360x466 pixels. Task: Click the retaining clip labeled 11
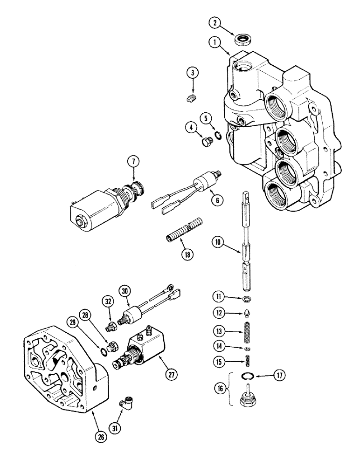click(x=245, y=300)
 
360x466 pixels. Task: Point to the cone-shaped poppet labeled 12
click(x=245, y=314)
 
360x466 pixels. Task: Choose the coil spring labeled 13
click(x=245, y=332)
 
